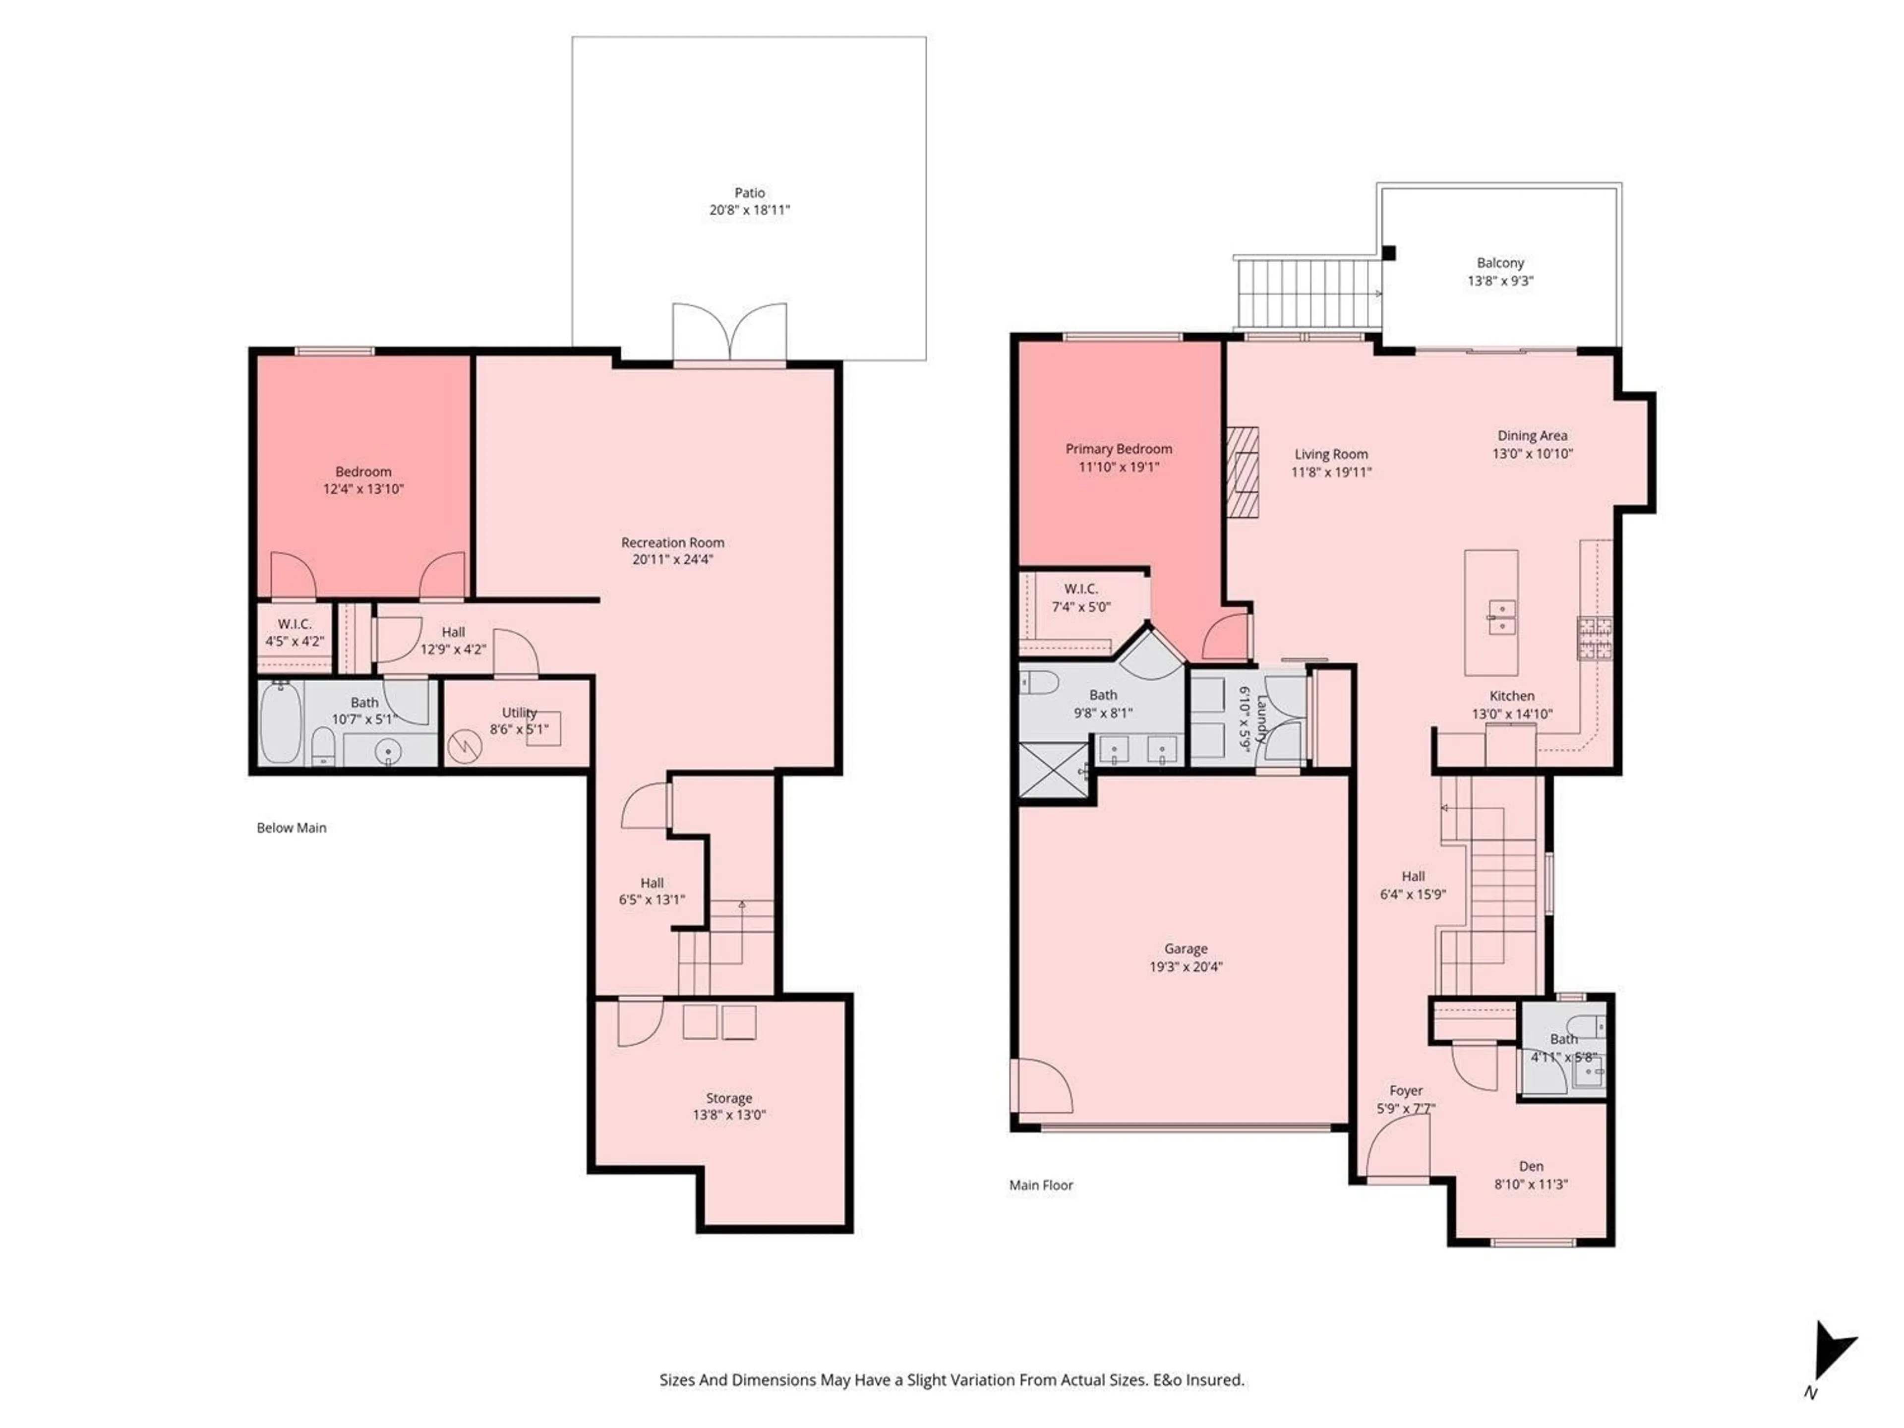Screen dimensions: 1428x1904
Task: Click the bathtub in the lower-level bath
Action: coord(281,723)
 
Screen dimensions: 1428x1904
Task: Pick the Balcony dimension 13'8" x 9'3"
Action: coord(1500,281)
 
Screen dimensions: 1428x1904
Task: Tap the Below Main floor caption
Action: coord(291,828)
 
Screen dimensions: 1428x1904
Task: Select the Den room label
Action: coord(1531,1166)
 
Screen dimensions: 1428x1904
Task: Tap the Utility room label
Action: coord(519,713)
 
